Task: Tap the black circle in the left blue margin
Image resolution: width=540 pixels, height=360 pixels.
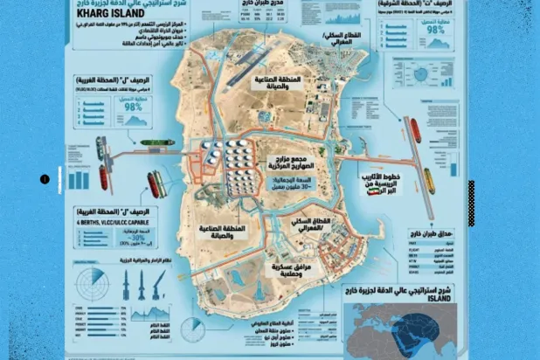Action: [x=44, y=180]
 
